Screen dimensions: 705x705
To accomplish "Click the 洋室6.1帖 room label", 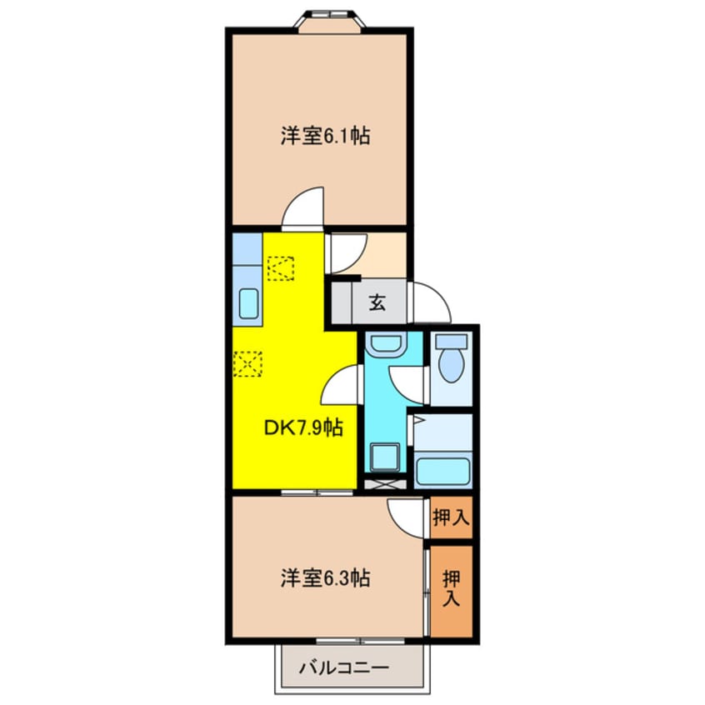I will pyautogui.click(x=325, y=135).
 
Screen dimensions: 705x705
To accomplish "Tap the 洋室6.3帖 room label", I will pyautogui.click(x=325, y=576).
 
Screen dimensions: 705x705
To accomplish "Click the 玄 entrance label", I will pyautogui.click(x=377, y=304).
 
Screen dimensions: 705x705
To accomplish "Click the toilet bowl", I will pyautogui.click(x=450, y=361).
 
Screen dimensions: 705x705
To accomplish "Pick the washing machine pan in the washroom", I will pyautogui.click(x=385, y=457).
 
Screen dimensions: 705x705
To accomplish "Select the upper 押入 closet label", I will pyautogui.click(x=450, y=517).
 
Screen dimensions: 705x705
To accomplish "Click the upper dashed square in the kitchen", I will pyautogui.click(x=281, y=267).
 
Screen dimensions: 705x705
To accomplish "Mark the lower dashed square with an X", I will pyautogui.click(x=248, y=363).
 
